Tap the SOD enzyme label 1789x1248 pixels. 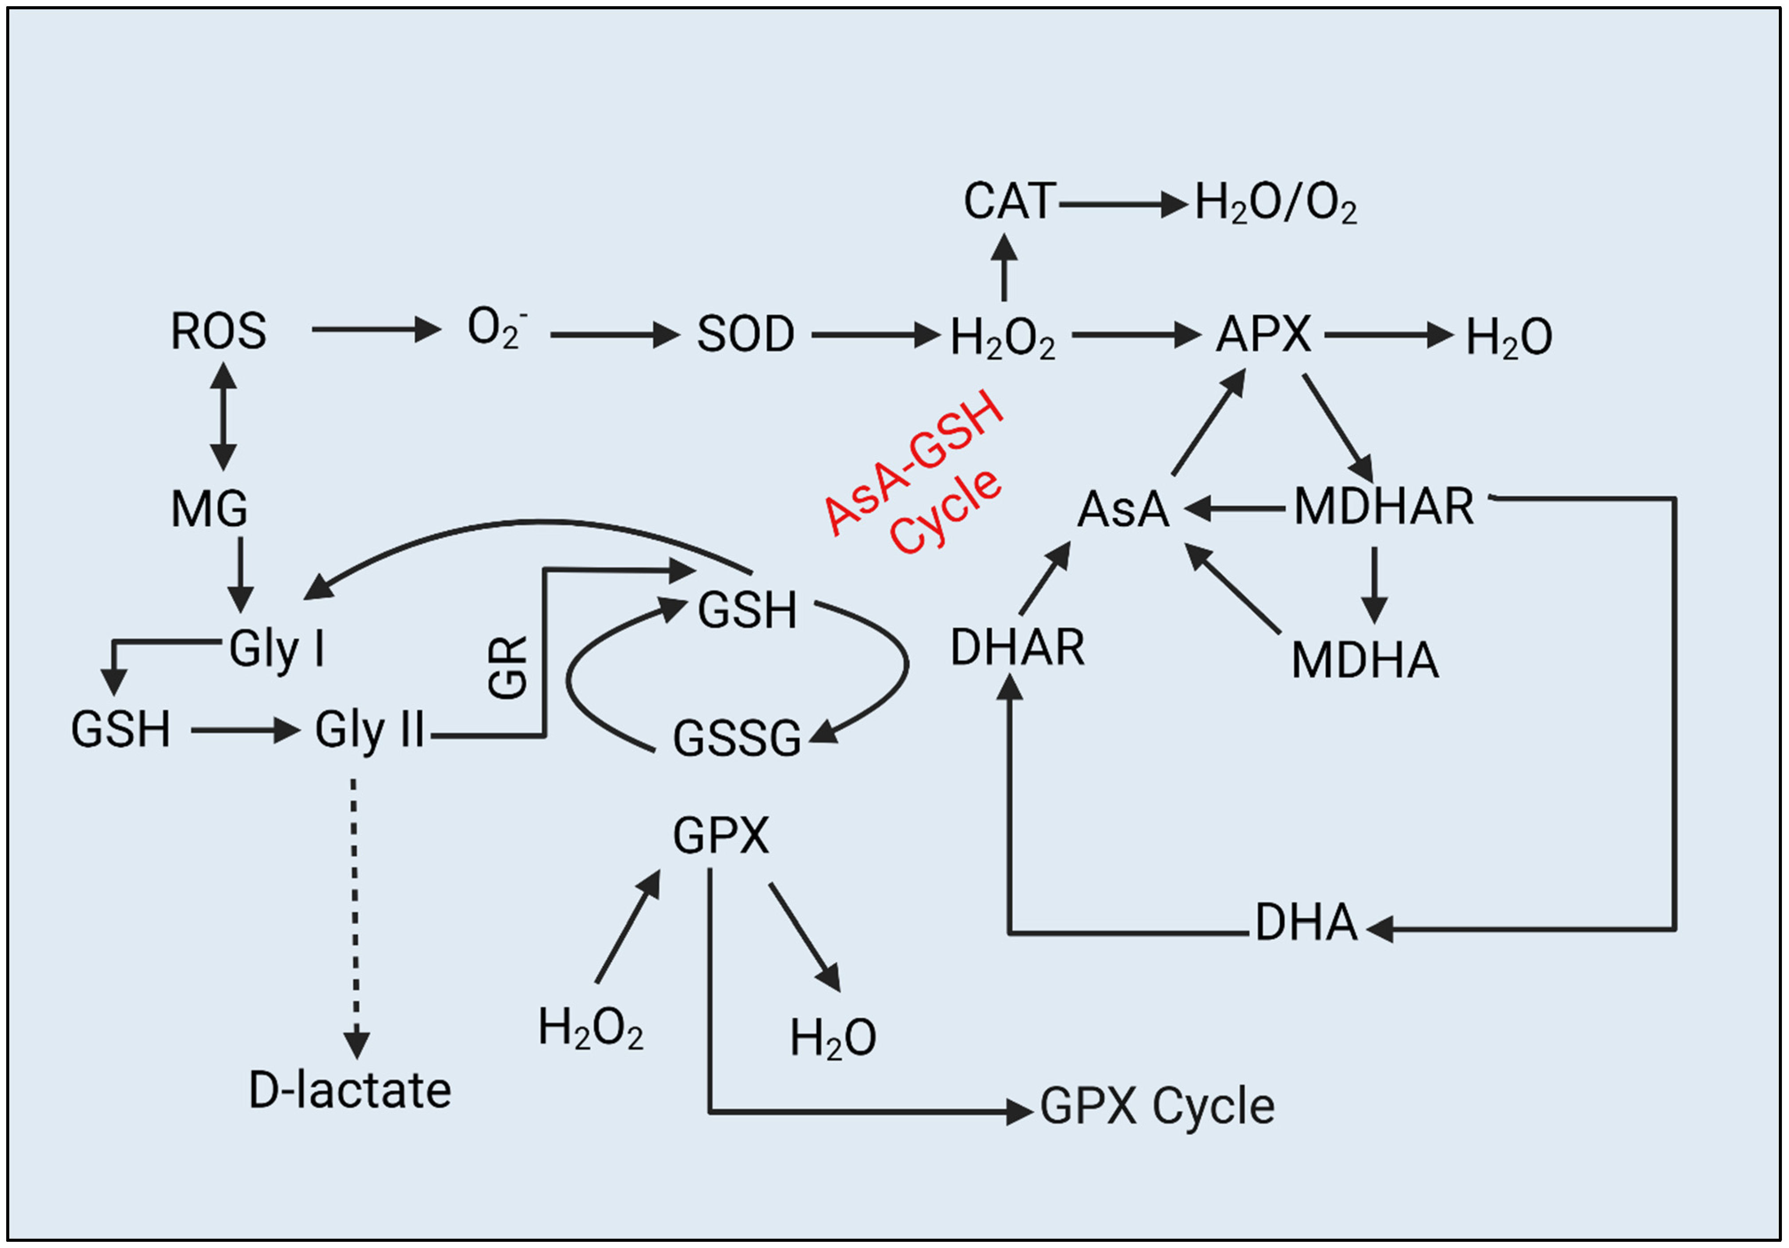click(745, 335)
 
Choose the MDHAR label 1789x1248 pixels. click(1384, 507)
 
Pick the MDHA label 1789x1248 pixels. click(1364, 660)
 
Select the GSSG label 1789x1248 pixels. click(736, 739)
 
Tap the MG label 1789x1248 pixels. click(209, 509)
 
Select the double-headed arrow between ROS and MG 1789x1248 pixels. click(224, 417)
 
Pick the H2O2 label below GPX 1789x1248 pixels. click(591, 1028)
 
